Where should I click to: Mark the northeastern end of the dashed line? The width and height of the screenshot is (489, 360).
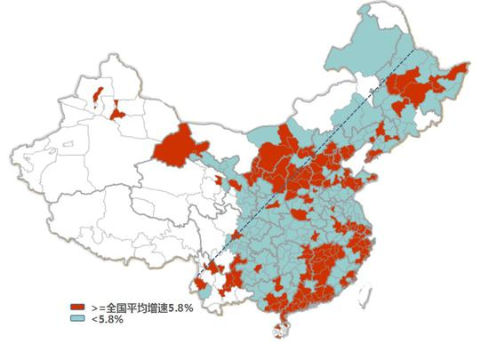(415, 49)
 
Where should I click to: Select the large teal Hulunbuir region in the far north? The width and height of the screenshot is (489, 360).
(356, 53)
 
